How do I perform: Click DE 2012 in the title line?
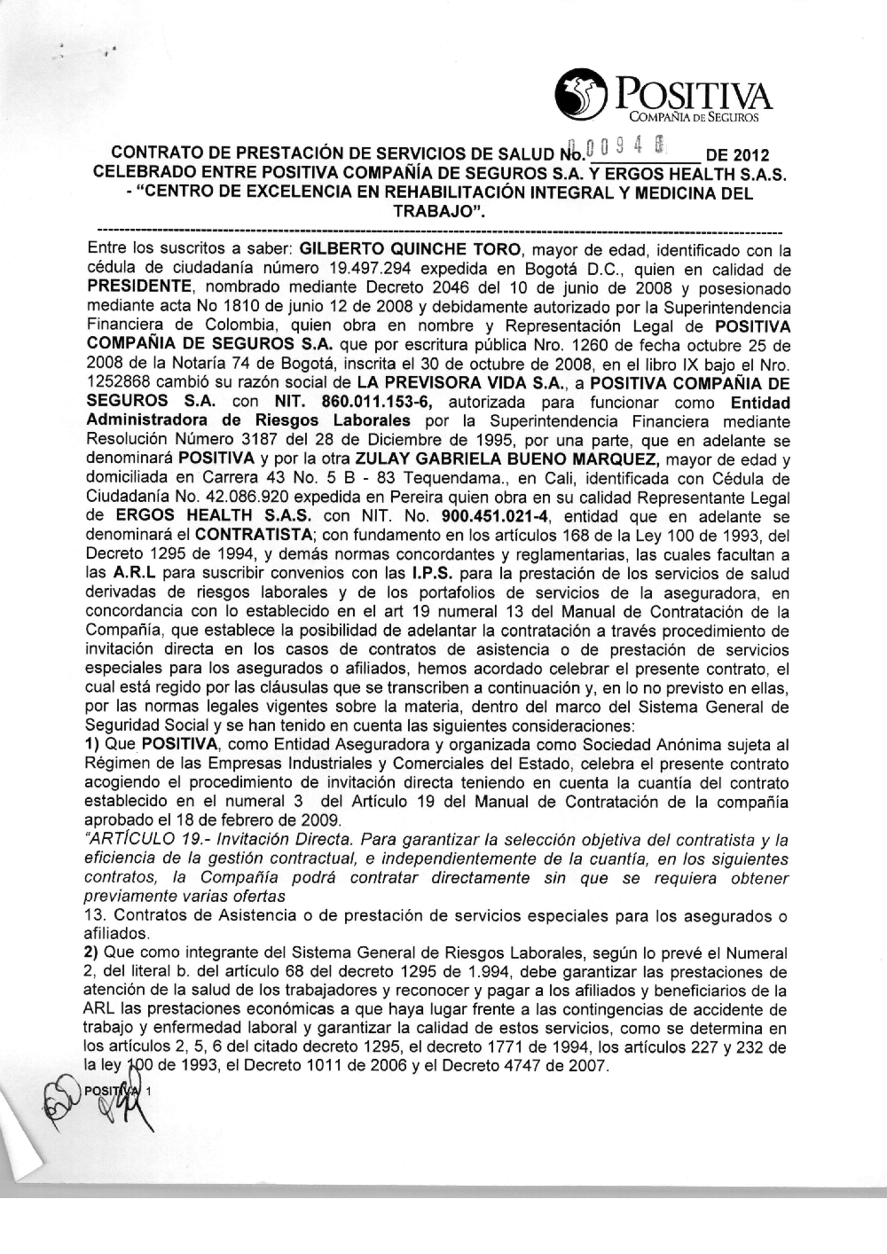point(735,153)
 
